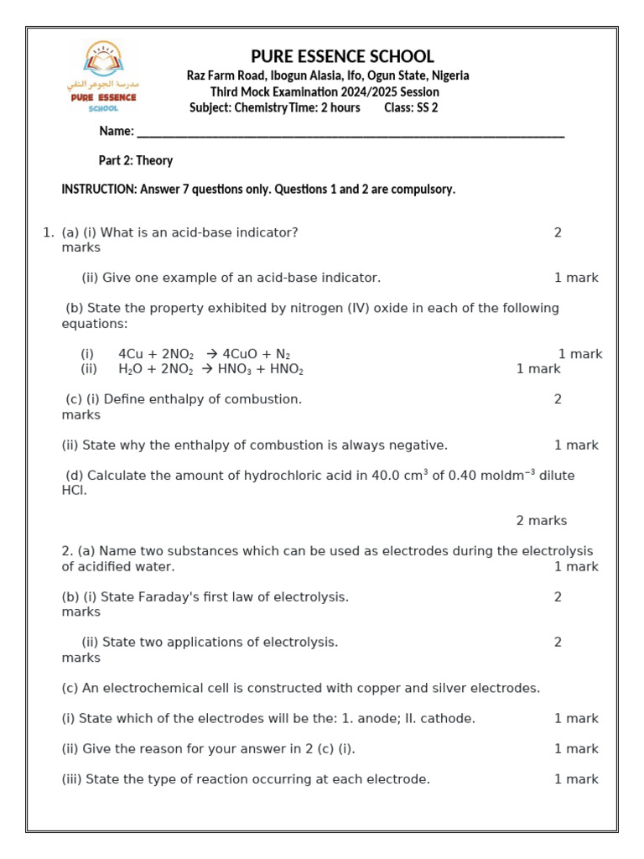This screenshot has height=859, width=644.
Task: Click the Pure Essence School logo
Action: click(x=102, y=77)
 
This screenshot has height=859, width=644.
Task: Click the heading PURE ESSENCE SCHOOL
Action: click(x=342, y=56)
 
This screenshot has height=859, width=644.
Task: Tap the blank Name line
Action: click(x=351, y=133)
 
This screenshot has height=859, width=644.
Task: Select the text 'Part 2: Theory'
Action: click(x=136, y=160)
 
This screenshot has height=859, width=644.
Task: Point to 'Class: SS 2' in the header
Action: click(x=411, y=107)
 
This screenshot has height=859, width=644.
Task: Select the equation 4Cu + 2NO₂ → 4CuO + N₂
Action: click(x=204, y=354)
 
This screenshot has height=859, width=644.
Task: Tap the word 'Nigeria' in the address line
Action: click(x=450, y=75)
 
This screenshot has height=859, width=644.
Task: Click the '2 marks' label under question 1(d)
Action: click(x=541, y=521)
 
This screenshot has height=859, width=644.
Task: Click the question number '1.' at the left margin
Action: click(x=48, y=232)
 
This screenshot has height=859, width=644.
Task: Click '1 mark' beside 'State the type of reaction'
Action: click(x=576, y=779)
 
